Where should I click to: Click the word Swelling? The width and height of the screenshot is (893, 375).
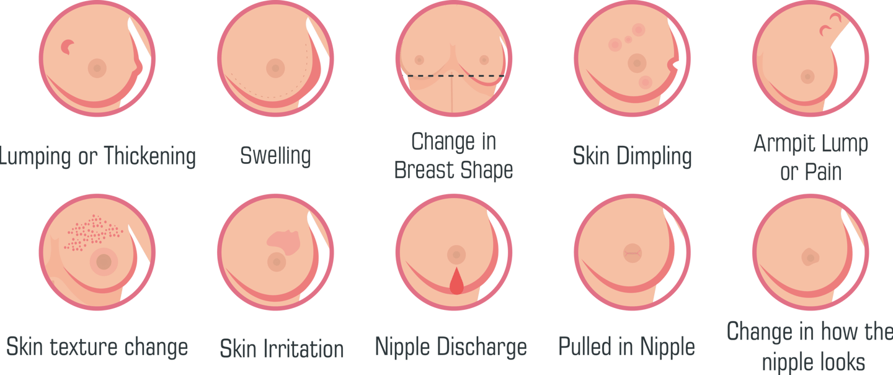coord(275,156)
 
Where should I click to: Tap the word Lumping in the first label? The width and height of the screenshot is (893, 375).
coord(35,156)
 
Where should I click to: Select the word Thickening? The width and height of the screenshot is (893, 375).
coord(149,156)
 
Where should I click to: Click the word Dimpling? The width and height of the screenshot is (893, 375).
coord(654,156)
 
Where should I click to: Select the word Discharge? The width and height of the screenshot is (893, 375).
coord(483,346)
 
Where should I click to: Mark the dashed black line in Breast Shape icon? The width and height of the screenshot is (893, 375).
coord(456,76)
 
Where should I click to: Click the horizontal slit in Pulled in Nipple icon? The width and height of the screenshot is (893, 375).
coord(632,253)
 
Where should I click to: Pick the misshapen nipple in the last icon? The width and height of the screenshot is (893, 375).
coord(809,256)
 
